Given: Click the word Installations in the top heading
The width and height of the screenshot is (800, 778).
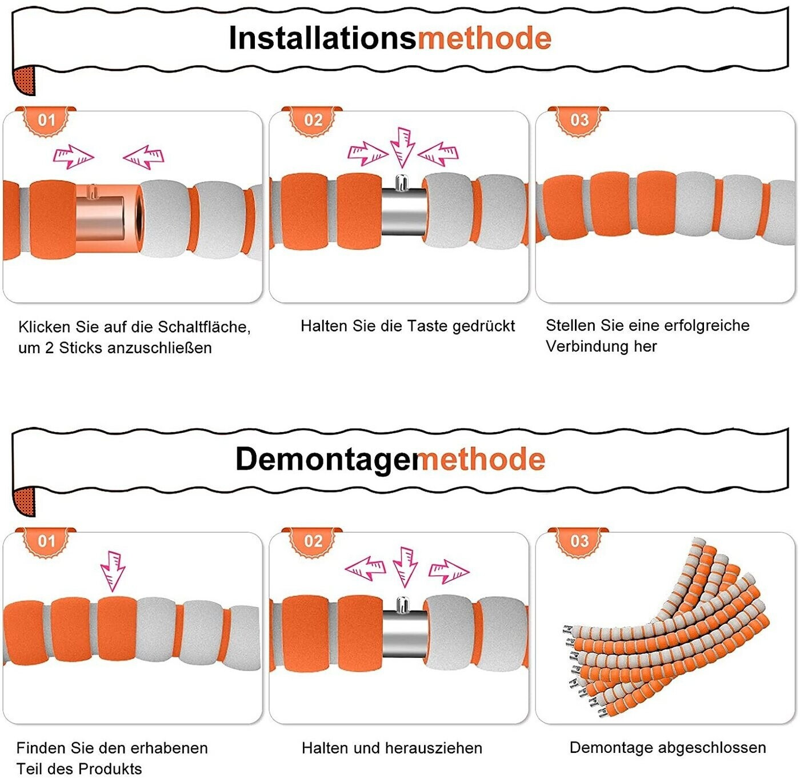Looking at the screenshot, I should click(322, 39).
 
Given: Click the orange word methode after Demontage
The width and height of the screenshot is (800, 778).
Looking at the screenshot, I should click(482, 460).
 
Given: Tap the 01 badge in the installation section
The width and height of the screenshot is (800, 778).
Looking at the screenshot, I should click(46, 121).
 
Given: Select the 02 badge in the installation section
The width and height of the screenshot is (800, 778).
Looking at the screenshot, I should click(313, 121).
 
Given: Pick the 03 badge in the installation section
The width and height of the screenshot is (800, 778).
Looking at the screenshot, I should click(579, 121).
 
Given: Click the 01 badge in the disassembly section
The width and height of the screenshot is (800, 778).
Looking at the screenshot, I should click(46, 541).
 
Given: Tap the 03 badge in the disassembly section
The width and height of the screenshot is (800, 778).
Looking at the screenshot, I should click(579, 541).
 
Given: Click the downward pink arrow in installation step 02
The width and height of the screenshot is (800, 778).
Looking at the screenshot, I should click(403, 146).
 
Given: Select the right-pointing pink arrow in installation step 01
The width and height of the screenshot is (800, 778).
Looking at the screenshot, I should click(73, 155).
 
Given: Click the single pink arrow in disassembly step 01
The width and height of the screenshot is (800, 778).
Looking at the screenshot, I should click(113, 570).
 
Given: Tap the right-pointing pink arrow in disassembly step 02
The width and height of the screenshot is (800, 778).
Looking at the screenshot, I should click(449, 570).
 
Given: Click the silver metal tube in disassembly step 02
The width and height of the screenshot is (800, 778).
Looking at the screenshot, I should click(405, 633).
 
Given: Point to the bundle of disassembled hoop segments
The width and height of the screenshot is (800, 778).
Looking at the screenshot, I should click(669, 629).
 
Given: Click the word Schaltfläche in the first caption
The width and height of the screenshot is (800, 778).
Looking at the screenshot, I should click(204, 327).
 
